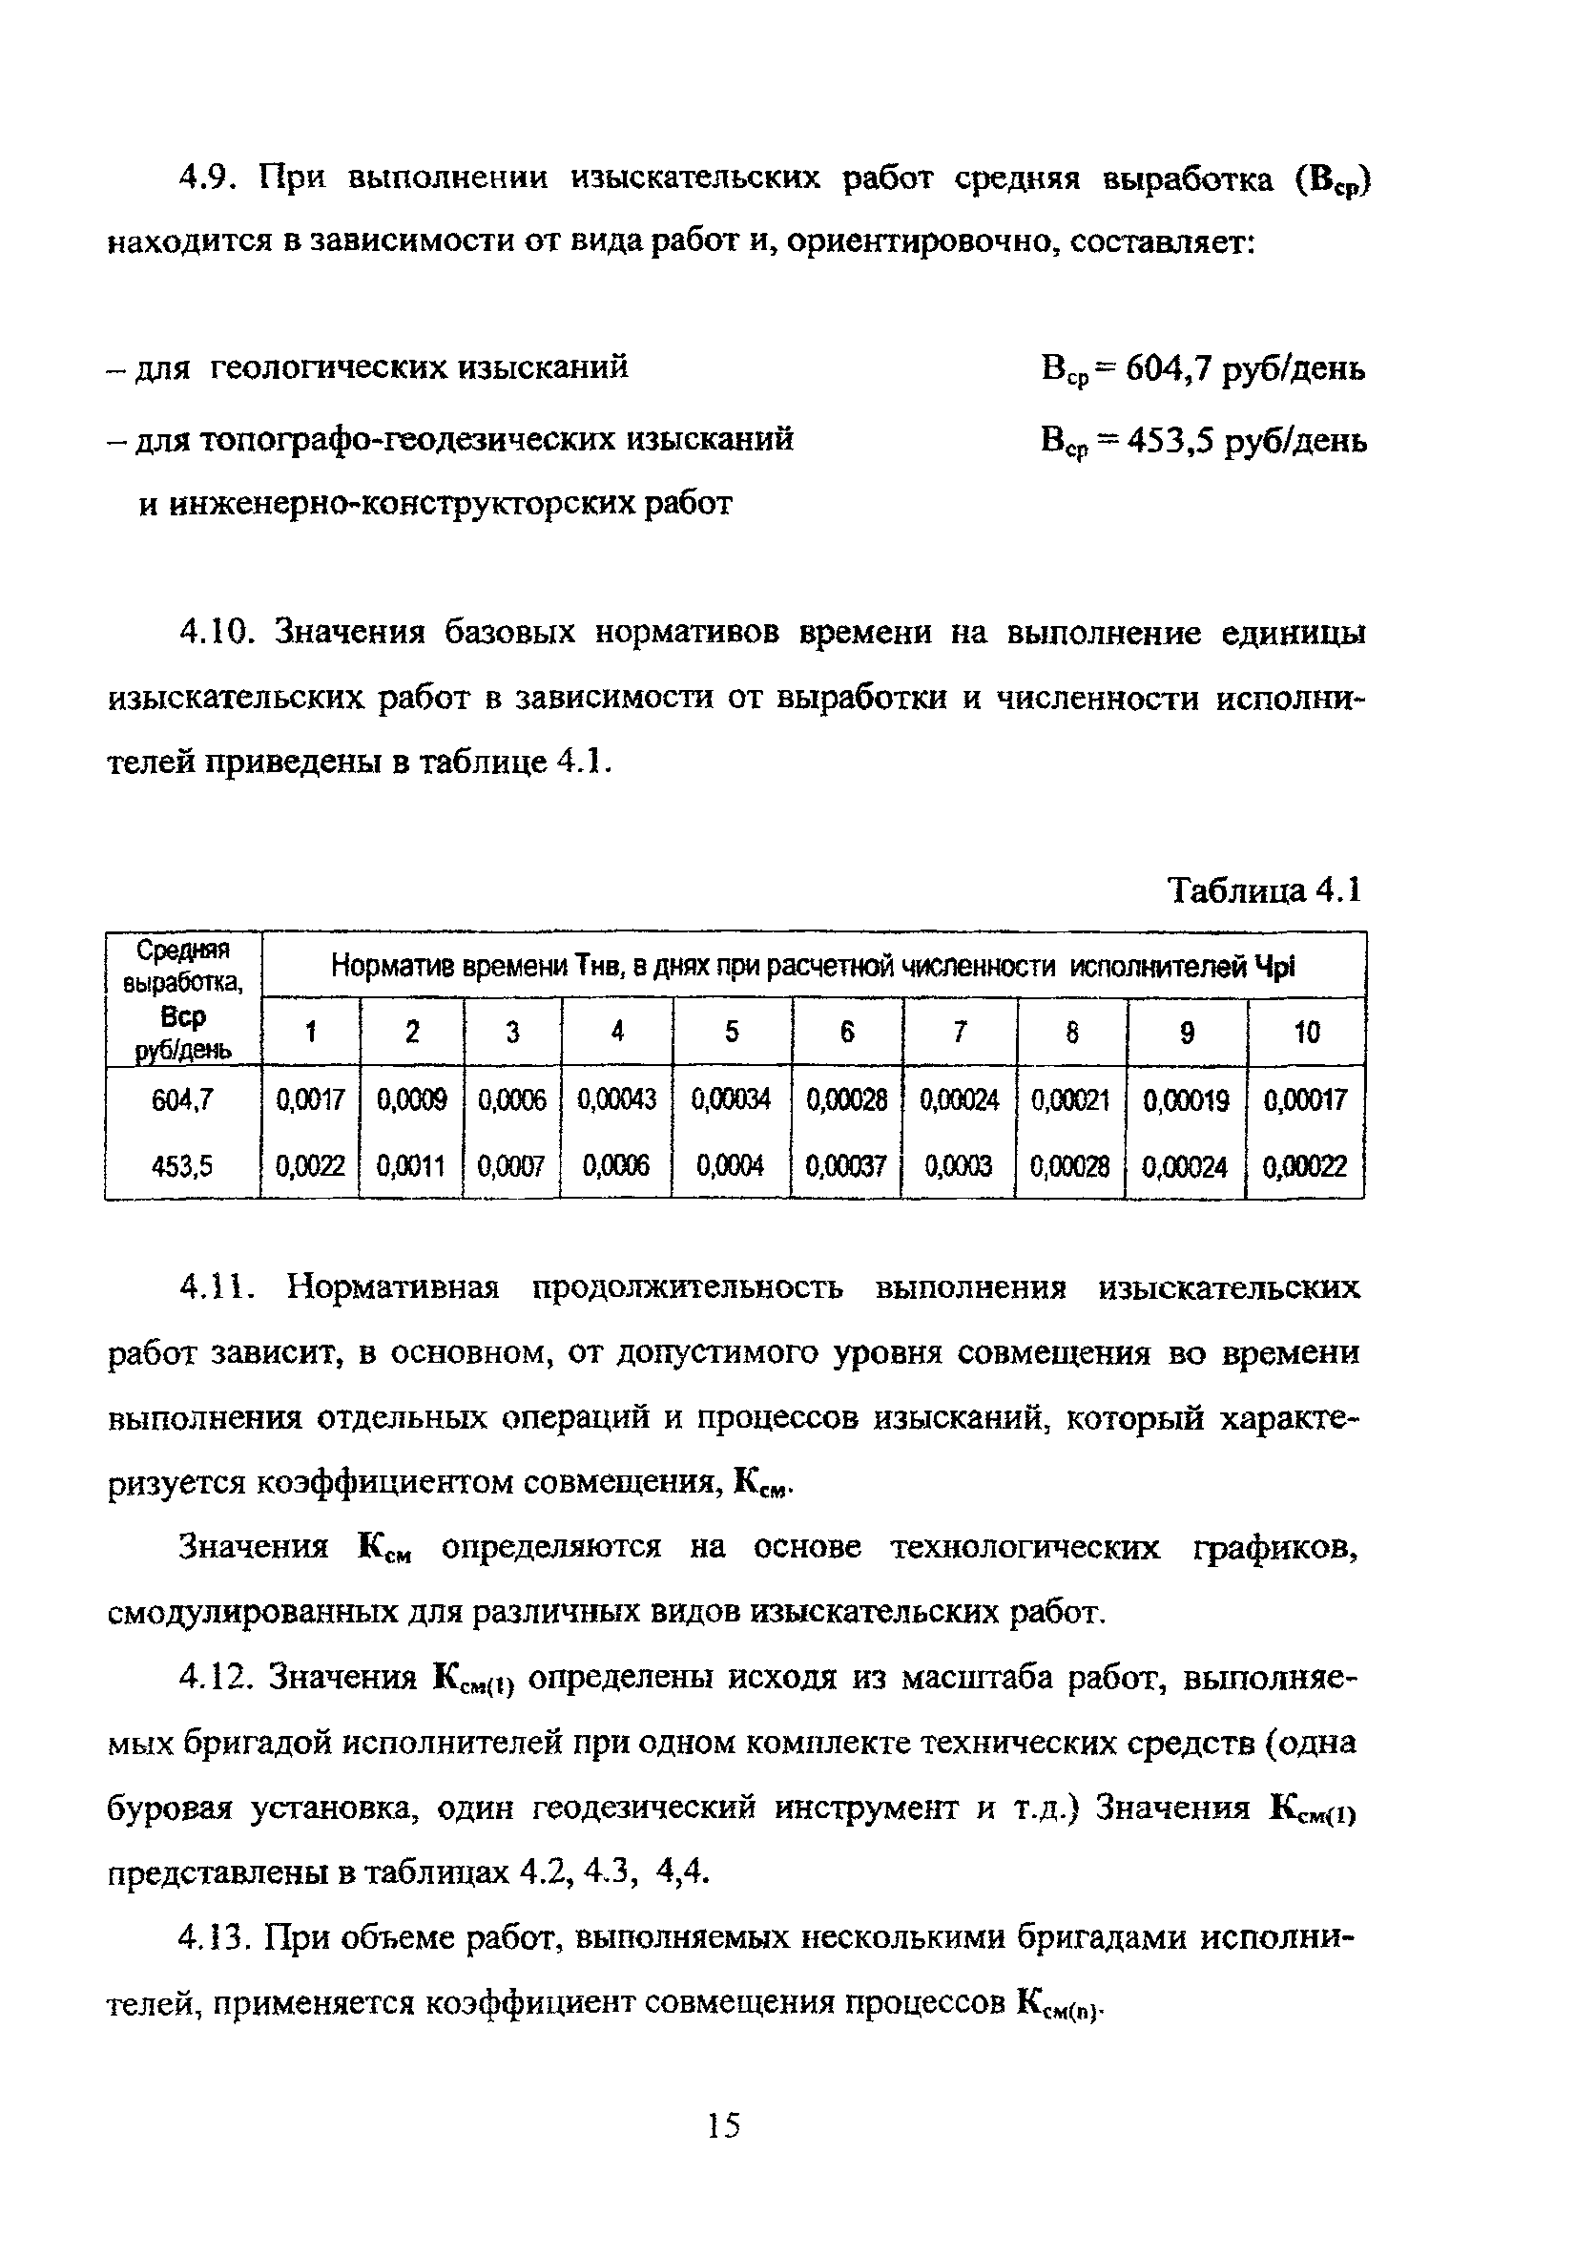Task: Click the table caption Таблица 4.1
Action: click(1264, 891)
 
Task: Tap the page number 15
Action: click(724, 2126)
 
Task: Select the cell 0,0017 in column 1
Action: click(311, 1099)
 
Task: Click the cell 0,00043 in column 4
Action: click(616, 1099)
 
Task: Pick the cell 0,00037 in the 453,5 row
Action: click(845, 1166)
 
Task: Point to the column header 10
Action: click(1307, 1033)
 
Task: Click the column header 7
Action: click(960, 1033)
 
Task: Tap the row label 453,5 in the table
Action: click(182, 1166)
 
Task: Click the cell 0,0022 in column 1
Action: click(311, 1166)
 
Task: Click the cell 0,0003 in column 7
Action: click(959, 1166)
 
